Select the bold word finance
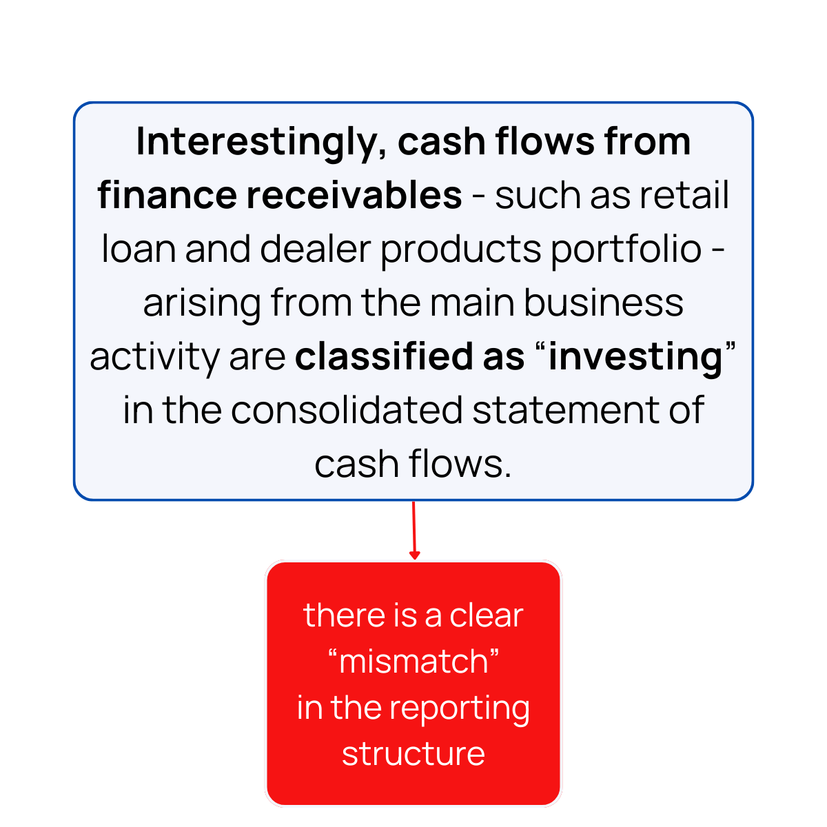coord(167,195)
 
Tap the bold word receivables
coord(354,195)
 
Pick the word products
coord(460,249)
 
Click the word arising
coord(202,303)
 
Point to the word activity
coord(153,356)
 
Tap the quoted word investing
coord(635,356)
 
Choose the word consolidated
coord(347,410)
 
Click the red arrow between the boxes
coord(413,531)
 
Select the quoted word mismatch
coord(413,662)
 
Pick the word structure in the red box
coord(413,754)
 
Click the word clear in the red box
coord(487,615)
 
